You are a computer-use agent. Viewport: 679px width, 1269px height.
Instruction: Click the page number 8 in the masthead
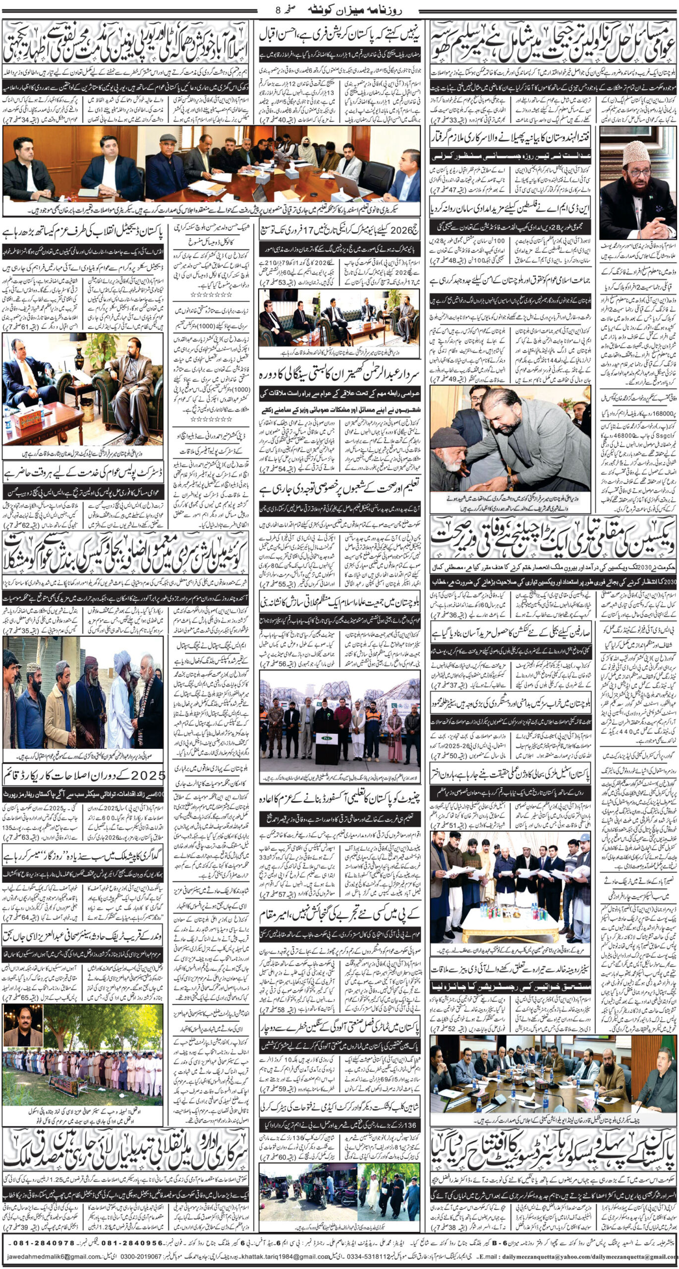(x=277, y=9)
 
